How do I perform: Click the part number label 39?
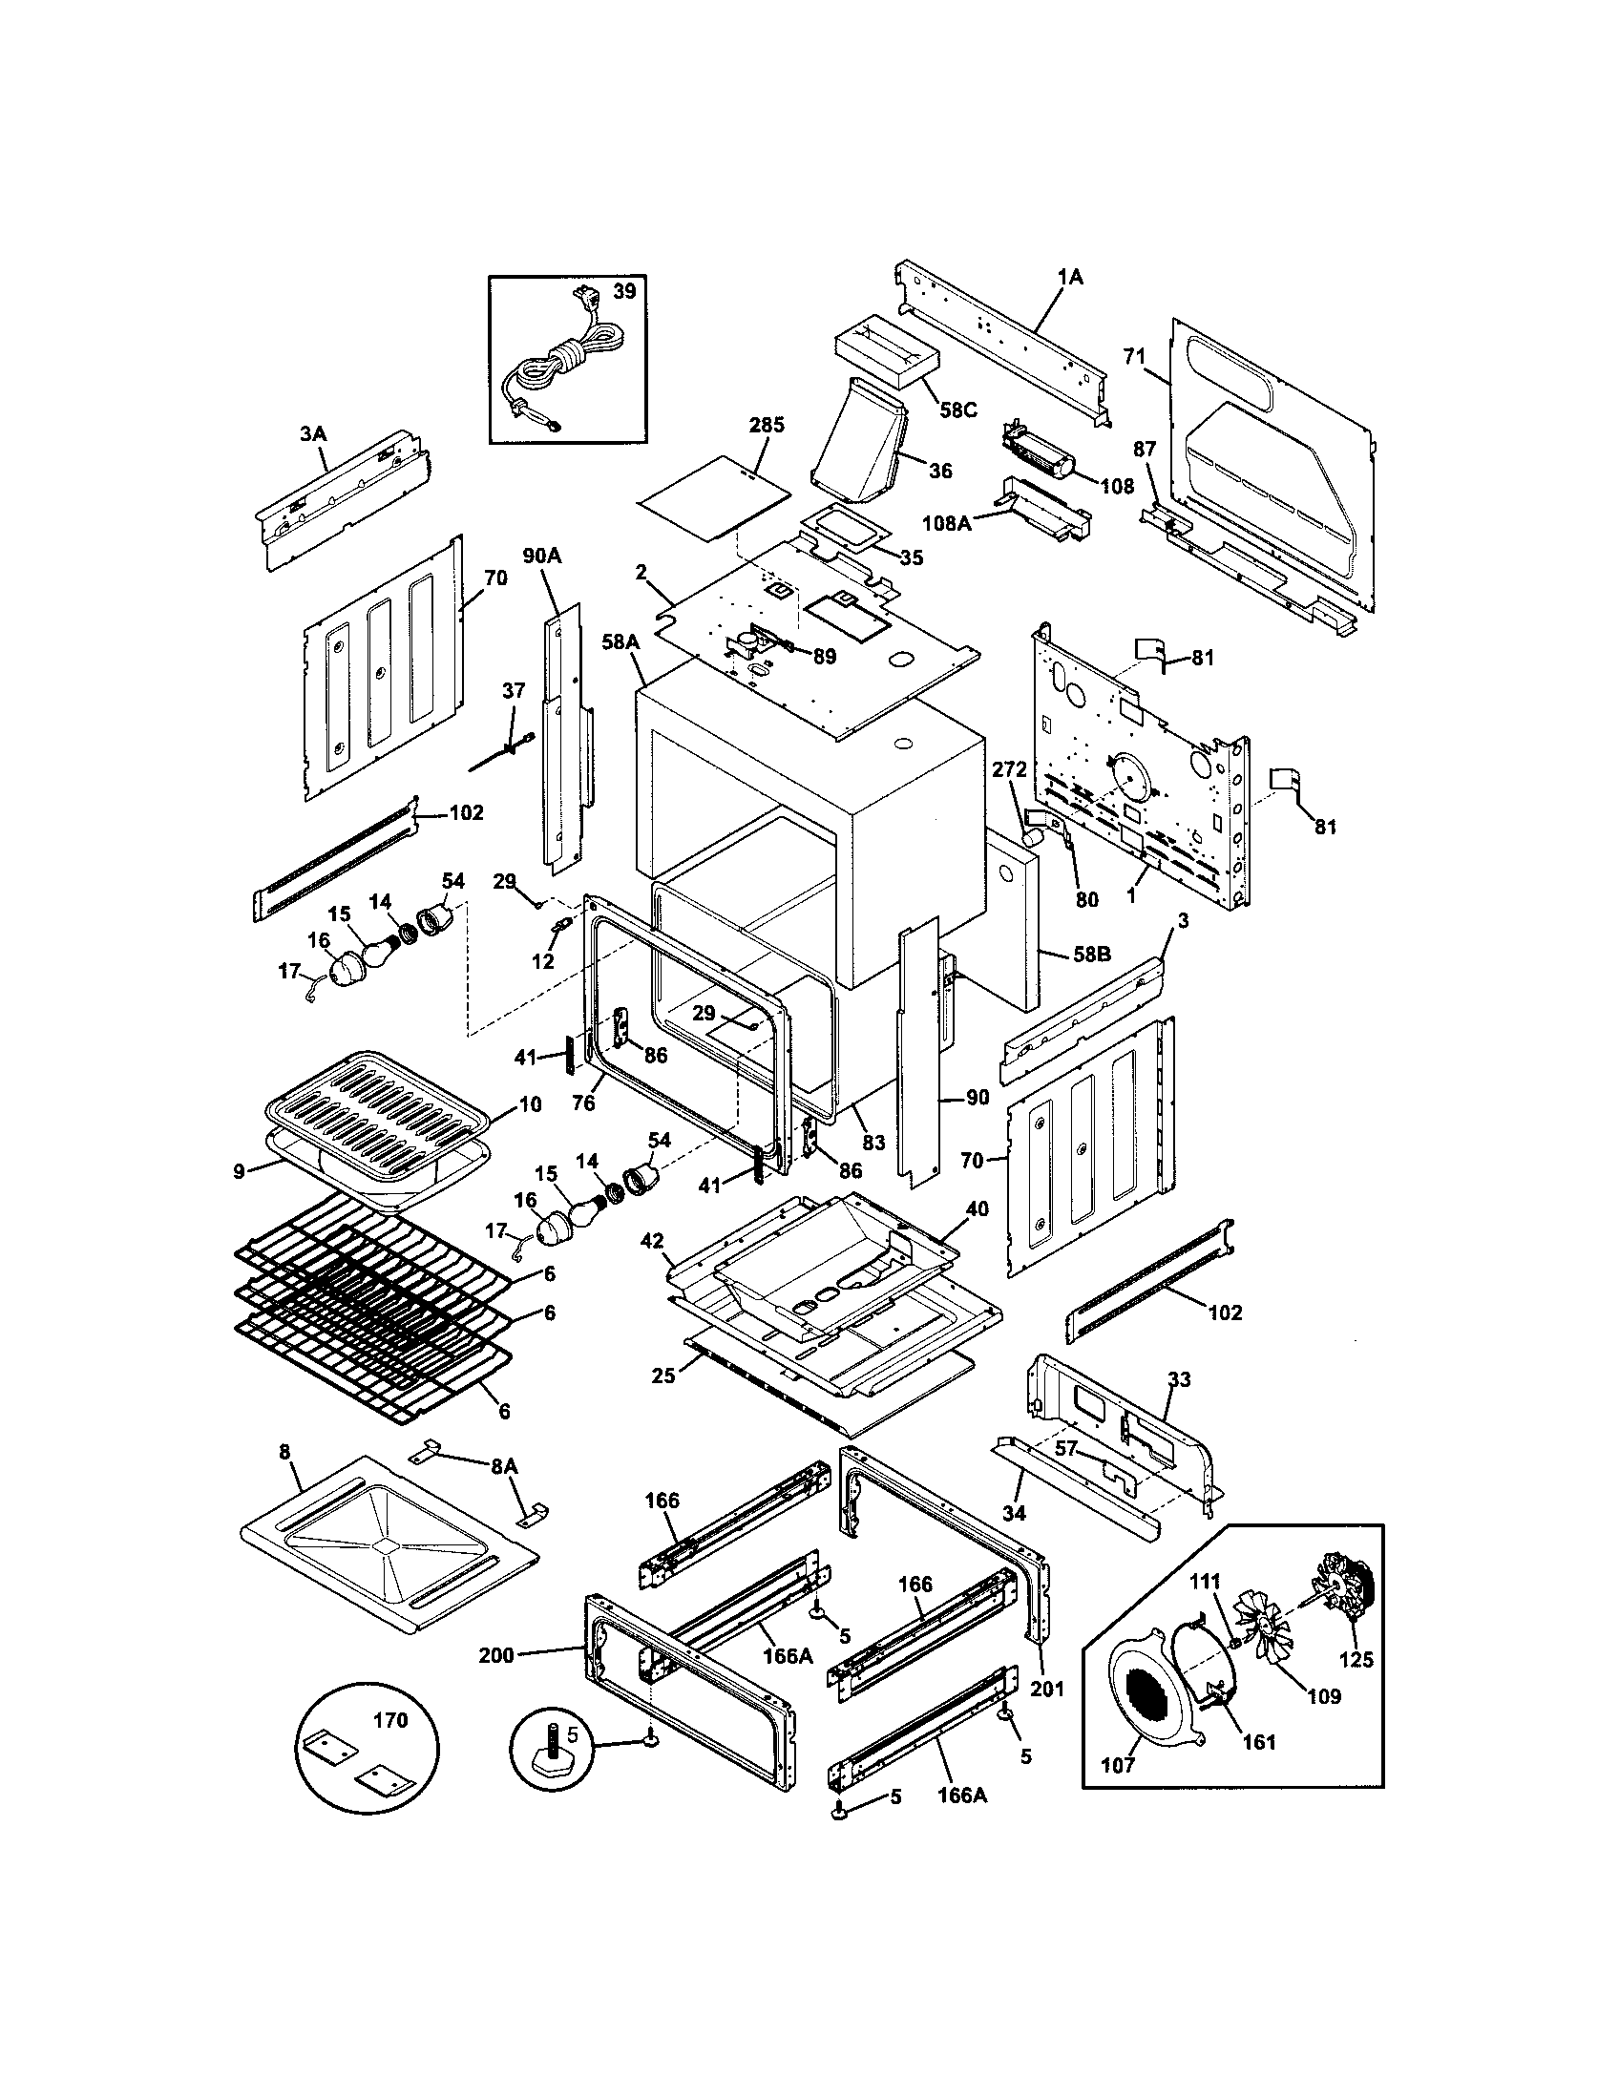pyautogui.click(x=624, y=291)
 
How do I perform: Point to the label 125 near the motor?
pyautogui.click(x=1356, y=1660)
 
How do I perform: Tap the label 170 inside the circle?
pyautogui.click(x=390, y=1721)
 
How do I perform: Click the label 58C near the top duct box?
pyautogui.click(x=957, y=409)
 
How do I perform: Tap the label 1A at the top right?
pyautogui.click(x=1070, y=277)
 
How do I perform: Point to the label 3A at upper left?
pyautogui.click(x=312, y=434)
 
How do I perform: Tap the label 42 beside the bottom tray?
pyautogui.click(x=652, y=1240)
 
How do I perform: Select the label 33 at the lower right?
pyautogui.click(x=1179, y=1380)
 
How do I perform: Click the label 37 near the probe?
pyautogui.click(x=514, y=691)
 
